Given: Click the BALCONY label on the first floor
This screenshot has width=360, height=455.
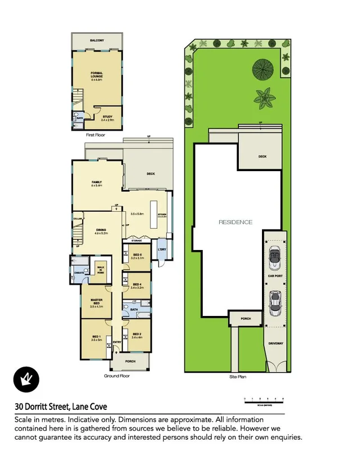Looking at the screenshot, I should [96, 41].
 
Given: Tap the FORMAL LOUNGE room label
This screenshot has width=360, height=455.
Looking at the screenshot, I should [96, 75].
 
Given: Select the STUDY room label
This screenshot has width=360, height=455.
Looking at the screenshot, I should [107, 118].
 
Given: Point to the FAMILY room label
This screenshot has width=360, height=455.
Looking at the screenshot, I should [96, 184].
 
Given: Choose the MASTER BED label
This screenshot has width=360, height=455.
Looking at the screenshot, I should [96, 304].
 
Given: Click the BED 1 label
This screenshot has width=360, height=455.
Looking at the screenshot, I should [96, 338].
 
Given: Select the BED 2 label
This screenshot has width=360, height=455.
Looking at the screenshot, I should [136, 335].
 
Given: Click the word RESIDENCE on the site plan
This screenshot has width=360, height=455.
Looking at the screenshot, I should [235, 222].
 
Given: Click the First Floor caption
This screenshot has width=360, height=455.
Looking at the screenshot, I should [96, 136].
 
